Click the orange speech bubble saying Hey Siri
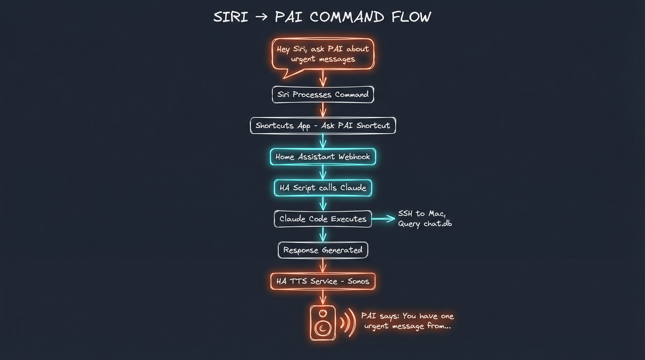tap(322, 54)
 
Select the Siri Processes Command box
tap(322, 95)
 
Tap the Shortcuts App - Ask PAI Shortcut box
tap(322, 126)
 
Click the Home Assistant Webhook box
tap(322, 157)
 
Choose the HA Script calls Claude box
tap(322, 188)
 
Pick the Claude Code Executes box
tap(322, 219)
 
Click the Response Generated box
tap(322, 250)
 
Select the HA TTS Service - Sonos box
tap(322, 281)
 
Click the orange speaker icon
tap(322, 322)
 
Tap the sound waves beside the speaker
tap(348, 323)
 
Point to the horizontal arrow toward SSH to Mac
tap(383, 219)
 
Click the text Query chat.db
tap(425, 224)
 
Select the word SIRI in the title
tap(231, 17)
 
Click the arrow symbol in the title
tap(261, 17)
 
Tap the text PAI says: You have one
tap(407, 316)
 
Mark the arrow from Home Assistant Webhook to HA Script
tap(322, 172)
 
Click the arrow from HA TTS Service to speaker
tap(322, 297)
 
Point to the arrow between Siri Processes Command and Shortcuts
tap(322, 110)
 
